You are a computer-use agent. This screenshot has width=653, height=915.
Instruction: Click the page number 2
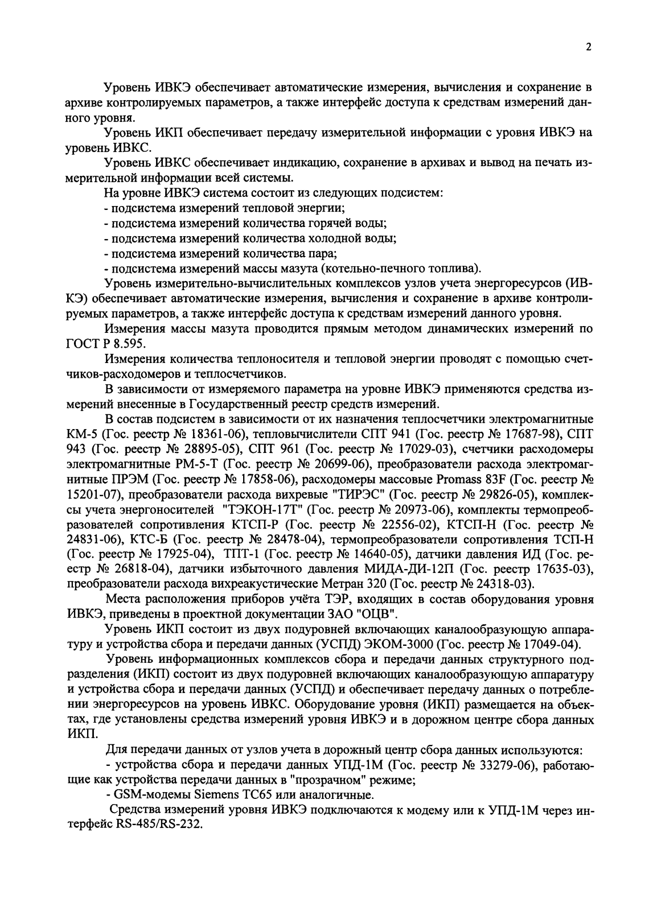(x=589, y=48)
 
